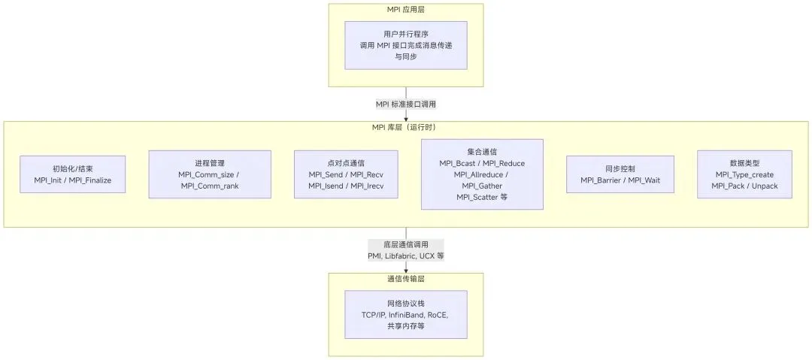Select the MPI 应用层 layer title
tap(406, 9)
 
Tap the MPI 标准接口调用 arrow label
tap(406, 104)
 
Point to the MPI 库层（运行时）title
tap(406, 127)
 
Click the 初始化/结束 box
tap(72, 174)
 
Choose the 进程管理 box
tap(210, 174)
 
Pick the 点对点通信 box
tap(346, 174)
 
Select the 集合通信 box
tap(482, 174)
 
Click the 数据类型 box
tap(744, 174)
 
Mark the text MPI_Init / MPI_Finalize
tap(72, 180)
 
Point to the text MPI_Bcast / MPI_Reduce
tap(482, 163)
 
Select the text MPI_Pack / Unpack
tap(744, 186)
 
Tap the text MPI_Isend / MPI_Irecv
tap(346, 186)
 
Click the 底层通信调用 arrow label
tap(406, 245)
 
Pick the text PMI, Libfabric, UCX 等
tap(406, 256)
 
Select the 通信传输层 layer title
tap(406, 279)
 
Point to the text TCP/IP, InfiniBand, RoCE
tap(406, 315)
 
